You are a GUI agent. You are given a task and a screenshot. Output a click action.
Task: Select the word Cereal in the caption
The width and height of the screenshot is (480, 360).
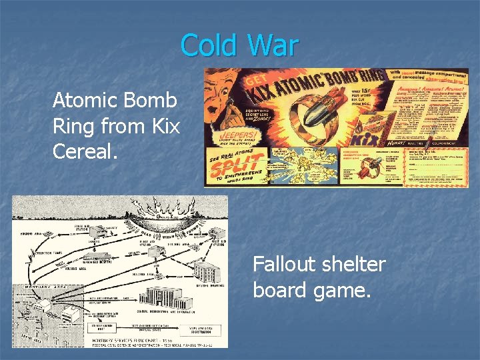tap(85, 150)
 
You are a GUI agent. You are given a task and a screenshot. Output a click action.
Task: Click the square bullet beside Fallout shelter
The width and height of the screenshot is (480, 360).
tap(241, 265)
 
